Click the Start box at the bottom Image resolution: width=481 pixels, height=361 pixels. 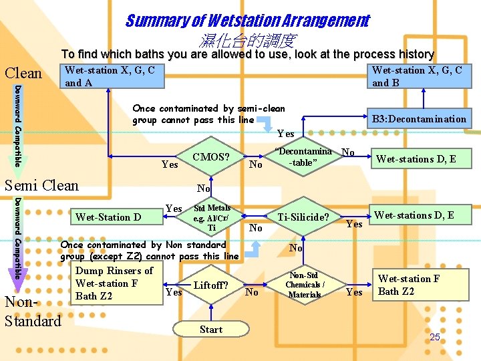tap(211, 330)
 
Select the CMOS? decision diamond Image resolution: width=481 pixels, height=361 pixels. tap(211, 158)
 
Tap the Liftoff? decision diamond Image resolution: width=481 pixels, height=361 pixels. tap(211, 285)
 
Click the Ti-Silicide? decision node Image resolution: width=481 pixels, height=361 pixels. tap(303, 217)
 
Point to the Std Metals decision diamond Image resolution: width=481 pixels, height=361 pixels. tap(211, 217)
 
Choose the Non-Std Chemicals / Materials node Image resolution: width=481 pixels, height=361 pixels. tap(304, 285)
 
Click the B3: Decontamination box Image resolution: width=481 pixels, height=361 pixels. tap(419, 119)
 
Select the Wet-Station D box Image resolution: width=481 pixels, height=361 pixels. tap(108, 217)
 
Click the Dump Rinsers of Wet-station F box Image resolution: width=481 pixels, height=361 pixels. tap(114, 283)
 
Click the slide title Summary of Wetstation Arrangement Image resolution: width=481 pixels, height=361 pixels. tap(247, 21)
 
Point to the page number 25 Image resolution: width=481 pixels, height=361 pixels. tap(435, 338)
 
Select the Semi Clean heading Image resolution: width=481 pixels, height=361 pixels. tap(41, 185)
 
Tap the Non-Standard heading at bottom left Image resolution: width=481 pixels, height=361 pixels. tap(32, 312)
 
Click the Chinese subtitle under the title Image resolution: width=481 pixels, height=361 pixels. tap(247, 41)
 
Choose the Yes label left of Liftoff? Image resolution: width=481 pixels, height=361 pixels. tap(174, 291)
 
